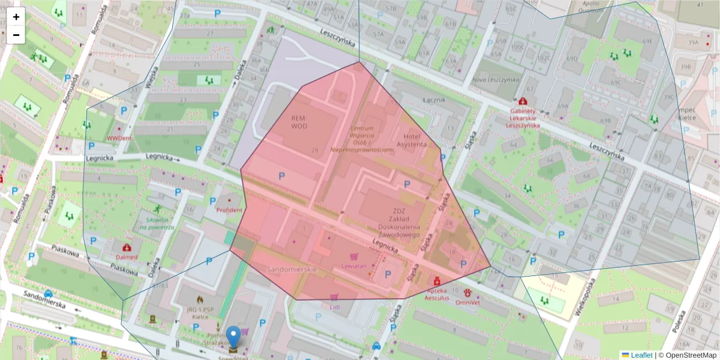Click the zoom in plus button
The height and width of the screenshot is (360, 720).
pos(16,17)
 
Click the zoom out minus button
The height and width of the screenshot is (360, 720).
pos(16,35)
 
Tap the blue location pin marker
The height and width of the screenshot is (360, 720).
pos(234,337)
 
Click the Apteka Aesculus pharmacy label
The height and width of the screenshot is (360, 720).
pos(437,293)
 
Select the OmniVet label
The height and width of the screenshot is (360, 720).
pos(467,302)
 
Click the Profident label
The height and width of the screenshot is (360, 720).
pos(229,210)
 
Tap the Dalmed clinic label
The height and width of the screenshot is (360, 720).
pos(127,257)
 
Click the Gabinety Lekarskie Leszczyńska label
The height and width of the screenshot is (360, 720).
pos(523,118)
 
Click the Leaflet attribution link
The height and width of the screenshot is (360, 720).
pos(641,355)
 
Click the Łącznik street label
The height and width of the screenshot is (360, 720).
pos(434,100)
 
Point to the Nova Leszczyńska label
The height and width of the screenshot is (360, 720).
pos(495,79)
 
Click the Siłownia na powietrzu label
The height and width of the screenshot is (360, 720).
pos(156,224)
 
